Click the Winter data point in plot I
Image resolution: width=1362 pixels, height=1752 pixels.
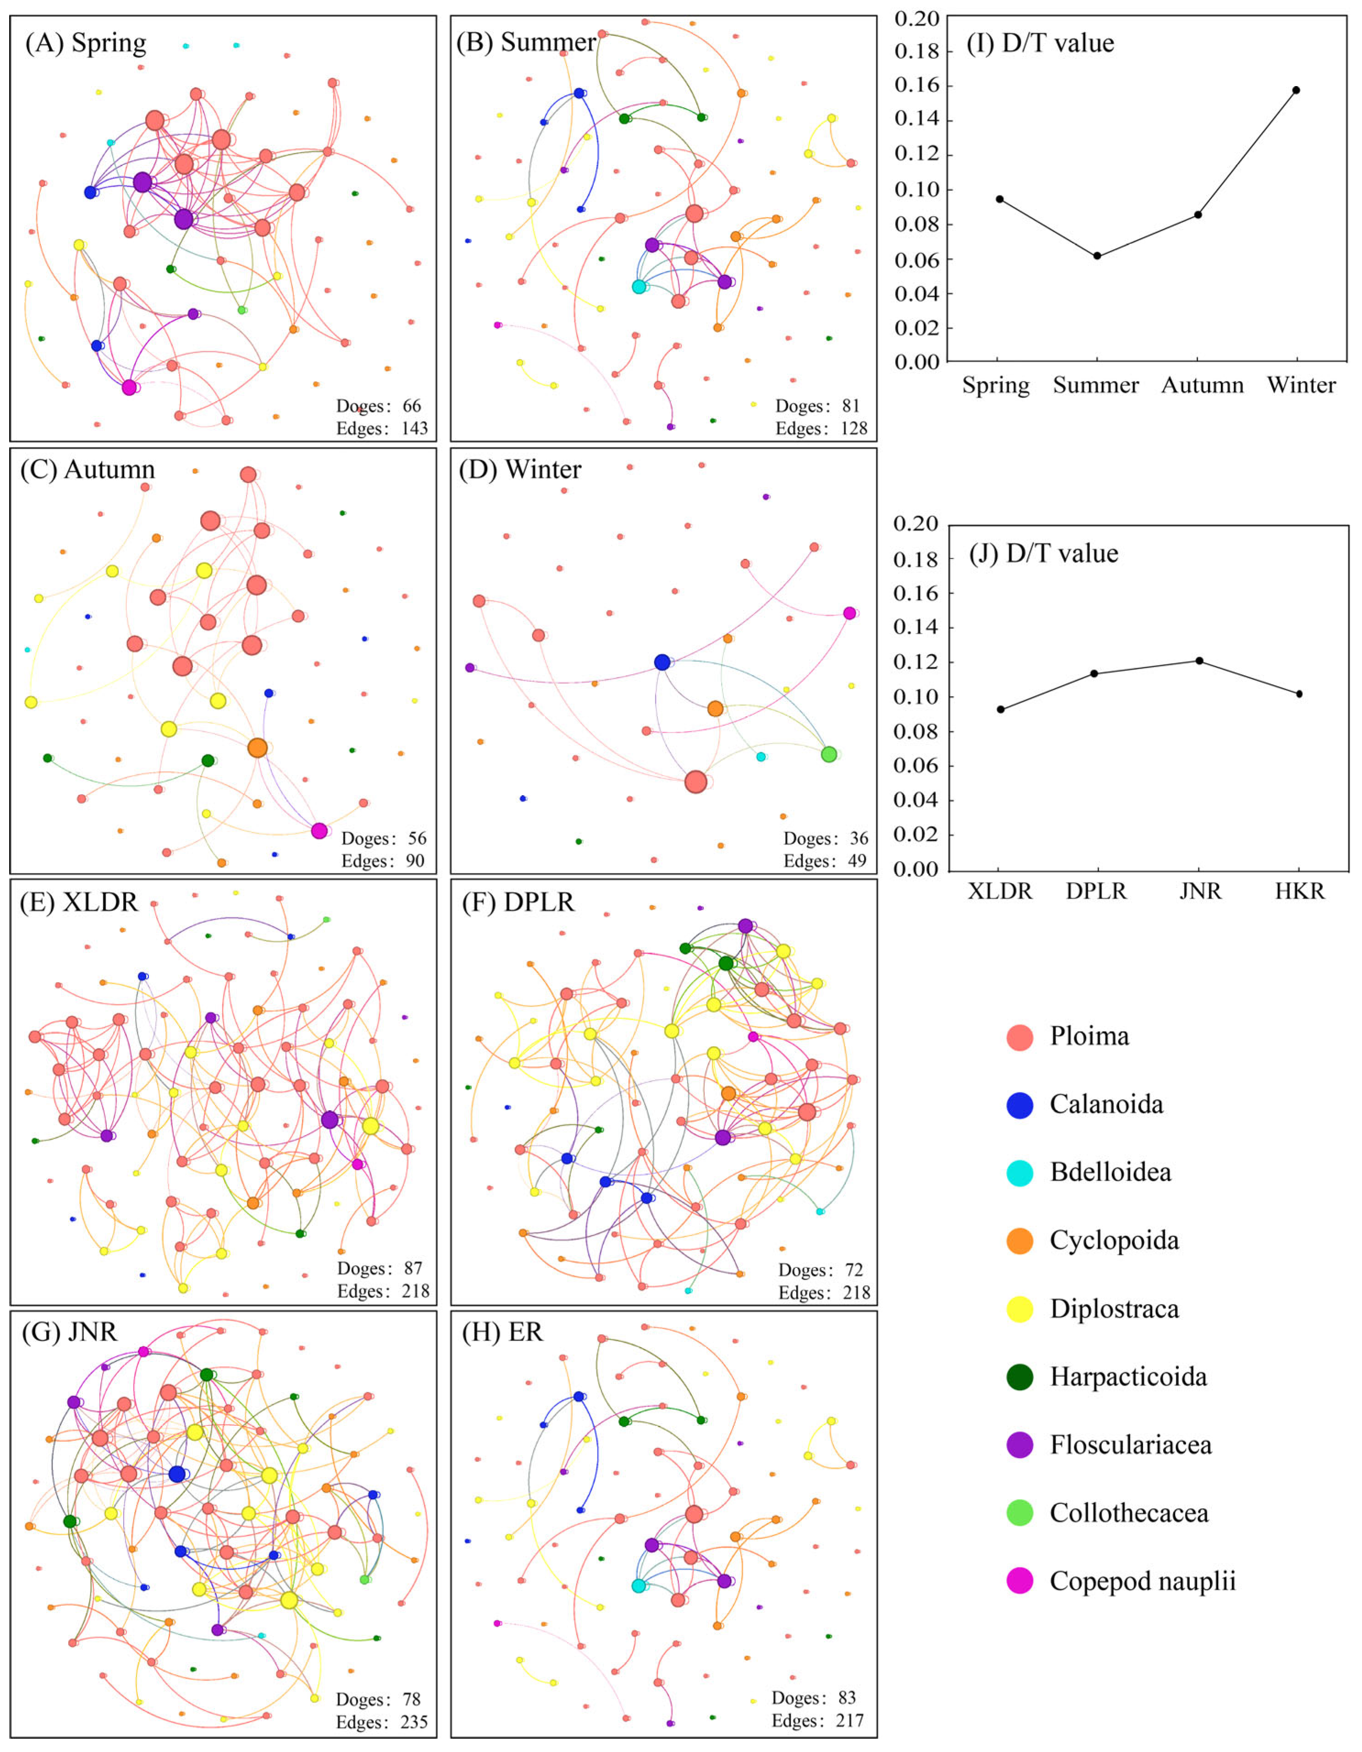[x=1296, y=90]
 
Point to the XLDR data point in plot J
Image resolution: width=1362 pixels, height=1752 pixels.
[x=1000, y=709]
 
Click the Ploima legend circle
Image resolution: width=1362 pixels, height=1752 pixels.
[x=1019, y=1037]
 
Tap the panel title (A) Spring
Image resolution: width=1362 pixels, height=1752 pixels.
[x=85, y=43]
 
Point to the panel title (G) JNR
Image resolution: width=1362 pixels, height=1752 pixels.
[x=69, y=1332]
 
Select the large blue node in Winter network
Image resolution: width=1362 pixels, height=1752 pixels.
[x=662, y=662]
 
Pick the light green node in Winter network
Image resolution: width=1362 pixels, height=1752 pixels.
[x=829, y=754]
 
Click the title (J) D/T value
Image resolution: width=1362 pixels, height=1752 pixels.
[x=1044, y=553]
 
